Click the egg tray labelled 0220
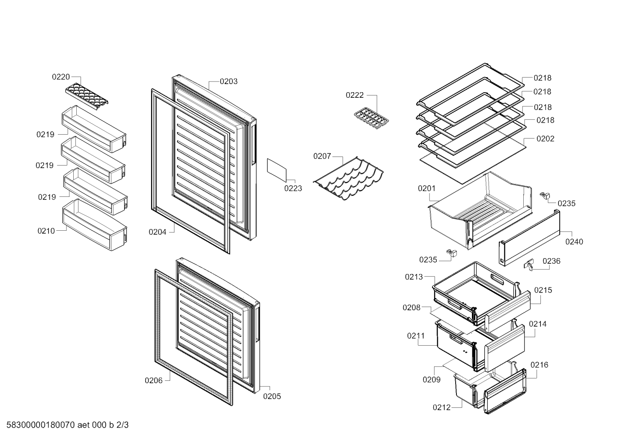click(87, 97)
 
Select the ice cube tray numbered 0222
click(371, 119)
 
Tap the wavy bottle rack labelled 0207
click(348, 178)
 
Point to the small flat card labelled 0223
click(276, 170)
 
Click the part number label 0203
click(229, 81)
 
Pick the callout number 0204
click(158, 232)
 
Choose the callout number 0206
click(154, 381)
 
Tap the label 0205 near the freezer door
click(272, 396)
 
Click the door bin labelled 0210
click(95, 225)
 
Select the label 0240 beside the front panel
click(574, 242)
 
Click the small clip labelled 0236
click(528, 265)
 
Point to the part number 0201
click(426, 189)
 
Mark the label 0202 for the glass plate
click(545, 139)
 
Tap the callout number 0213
click(414, 277)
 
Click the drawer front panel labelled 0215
click(507, 312)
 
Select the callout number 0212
click(441, 407)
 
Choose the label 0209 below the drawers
click(432, 380)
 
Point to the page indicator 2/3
click(123, 425)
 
